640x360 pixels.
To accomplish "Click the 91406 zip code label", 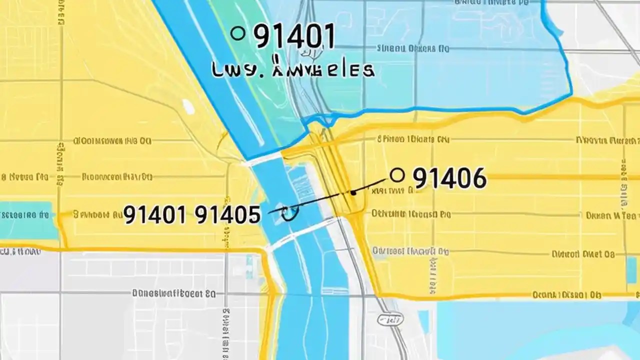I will pos(449,178).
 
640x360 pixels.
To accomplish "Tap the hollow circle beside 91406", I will pos(396,175).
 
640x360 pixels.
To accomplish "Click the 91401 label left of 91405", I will pos(155,214).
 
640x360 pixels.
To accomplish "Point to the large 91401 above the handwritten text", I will pos(294,36).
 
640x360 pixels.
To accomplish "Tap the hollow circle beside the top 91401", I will pos(238,34).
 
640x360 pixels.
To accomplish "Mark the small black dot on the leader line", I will pos(353,192).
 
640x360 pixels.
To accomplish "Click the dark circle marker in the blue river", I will pos(289,214).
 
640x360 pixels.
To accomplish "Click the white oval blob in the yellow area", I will pos(188,106).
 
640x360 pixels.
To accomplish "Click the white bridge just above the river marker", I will pos(263,157).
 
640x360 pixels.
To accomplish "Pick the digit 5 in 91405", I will pos(252,214).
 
